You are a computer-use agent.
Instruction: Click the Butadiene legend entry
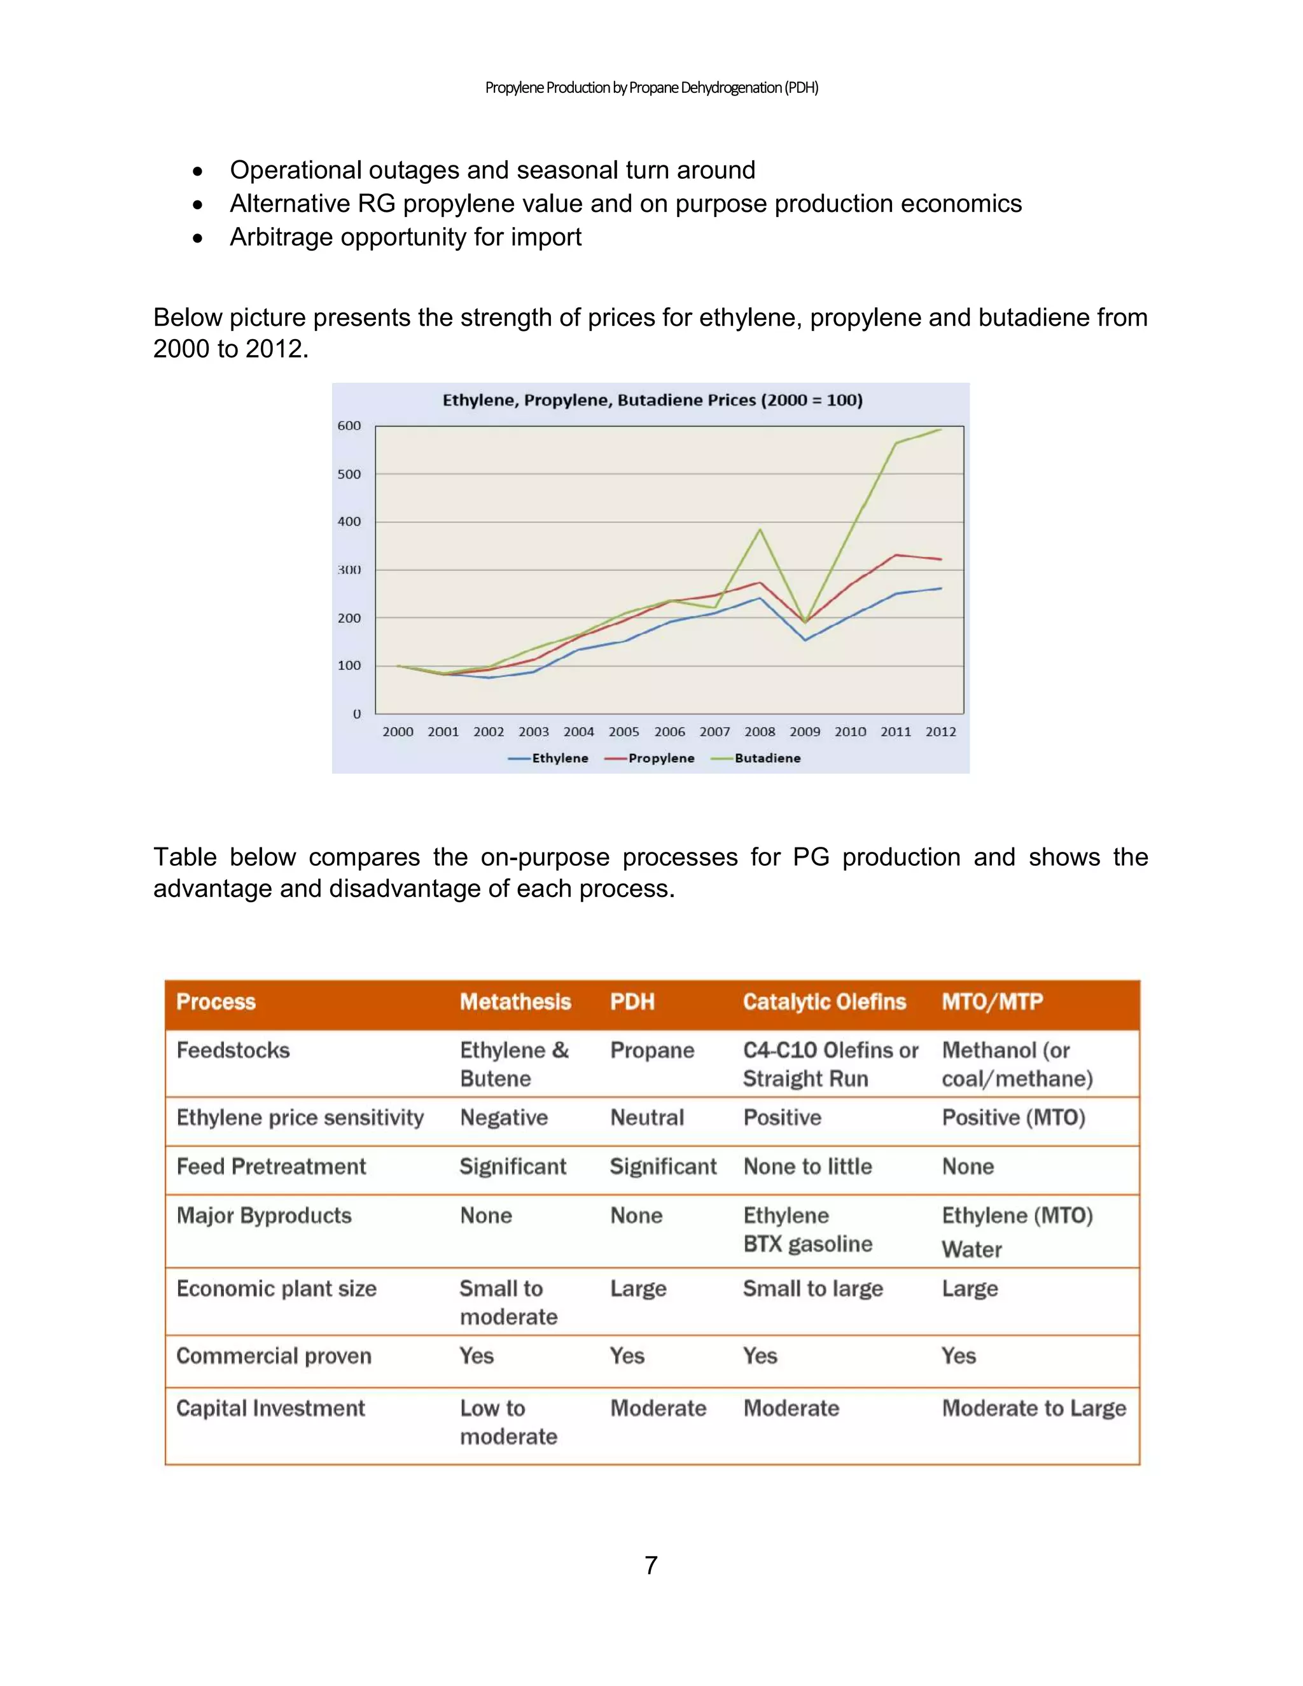pyautogui.click(x=767, y=758)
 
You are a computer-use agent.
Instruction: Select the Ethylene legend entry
pyautogui.click(x=560, y=758)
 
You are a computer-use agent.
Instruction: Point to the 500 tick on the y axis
pyautogui.click(x=349, y=474)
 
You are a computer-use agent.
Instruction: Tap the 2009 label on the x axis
pyautogui.click(x=804, y=732)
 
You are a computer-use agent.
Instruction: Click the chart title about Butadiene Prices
pyautogui.click(x=652, y=400)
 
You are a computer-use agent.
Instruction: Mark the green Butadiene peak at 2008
pyautogui.click(x=760, y=529)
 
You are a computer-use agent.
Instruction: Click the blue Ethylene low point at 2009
pyautogui.click(x=805, y=640)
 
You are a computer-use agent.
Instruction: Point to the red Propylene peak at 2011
pyautogui.click(x=895, y=554)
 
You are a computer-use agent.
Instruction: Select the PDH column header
pyautogui.click(x=632, y=1002)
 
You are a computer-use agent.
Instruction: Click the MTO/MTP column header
pyautogui.click(x=992, y=1002)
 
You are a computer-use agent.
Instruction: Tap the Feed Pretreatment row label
pyautogui.click(x=271, y=1166)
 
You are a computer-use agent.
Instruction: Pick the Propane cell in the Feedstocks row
pyautogui.click(x=652, y=1050)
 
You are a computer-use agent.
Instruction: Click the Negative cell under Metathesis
pyautogui.click(x=504, y=1118)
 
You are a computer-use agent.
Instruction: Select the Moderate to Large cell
pyautogui.click(x=1034, y=1408)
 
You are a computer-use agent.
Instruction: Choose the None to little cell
pyautogui.click(x=807, y=1166)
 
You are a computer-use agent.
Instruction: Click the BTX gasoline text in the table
pyautogui.click(x=807, y=1244)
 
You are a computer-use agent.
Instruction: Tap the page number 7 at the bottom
pyautogui.click(x=651, y=1565)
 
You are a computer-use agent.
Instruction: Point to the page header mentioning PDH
pyautogui.click(x=651, y=88)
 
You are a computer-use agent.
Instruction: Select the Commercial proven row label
pyautogui.click(x=274, y=1356)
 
